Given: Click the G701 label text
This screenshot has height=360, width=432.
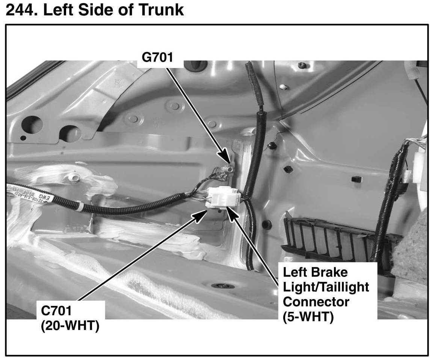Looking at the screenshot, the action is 157,58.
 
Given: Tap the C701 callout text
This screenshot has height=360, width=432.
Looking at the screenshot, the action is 56,312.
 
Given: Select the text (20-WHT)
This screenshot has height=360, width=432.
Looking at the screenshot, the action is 69,325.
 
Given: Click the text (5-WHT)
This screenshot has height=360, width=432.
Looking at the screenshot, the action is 308,317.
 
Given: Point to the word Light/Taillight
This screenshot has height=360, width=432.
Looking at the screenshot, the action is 326,287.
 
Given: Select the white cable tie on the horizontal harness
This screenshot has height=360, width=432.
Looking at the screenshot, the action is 80,206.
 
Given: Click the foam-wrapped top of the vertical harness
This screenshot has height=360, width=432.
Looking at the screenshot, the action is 252,86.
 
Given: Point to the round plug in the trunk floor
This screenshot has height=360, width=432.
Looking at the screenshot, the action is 223,286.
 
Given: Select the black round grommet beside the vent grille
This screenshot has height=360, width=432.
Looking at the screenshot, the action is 266,225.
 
